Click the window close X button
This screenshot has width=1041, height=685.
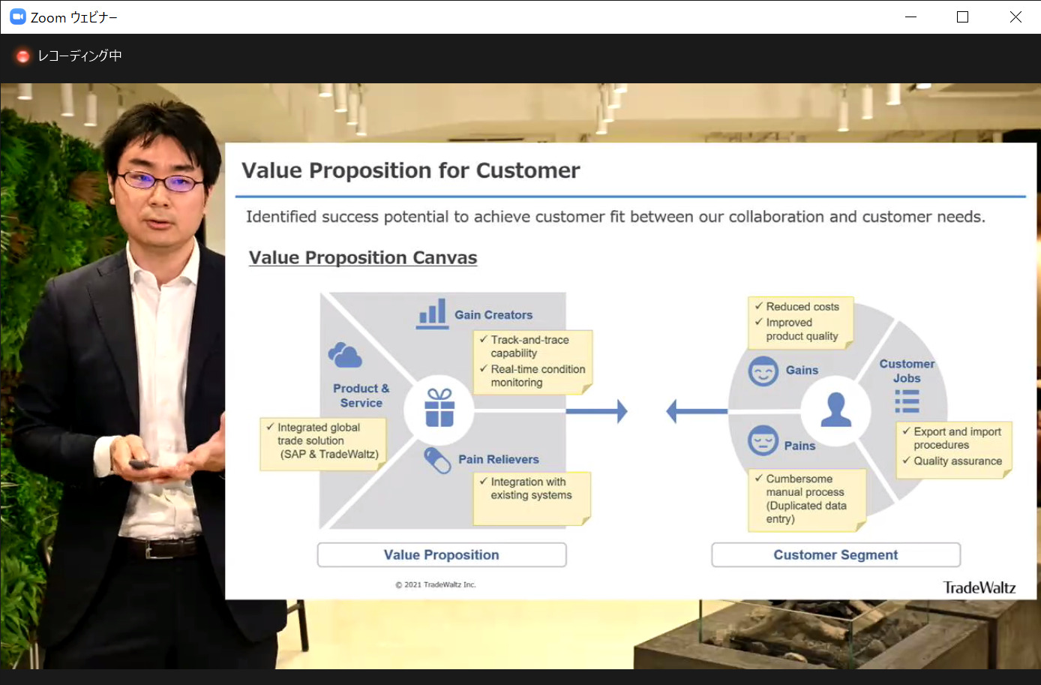[x=1015, y=17]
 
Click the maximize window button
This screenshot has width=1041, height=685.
[x=962, y=17]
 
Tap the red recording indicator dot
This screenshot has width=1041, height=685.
[x=22, y=56]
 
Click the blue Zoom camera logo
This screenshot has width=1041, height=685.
[x=18, y=17]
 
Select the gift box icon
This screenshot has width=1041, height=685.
[x=439, y=408]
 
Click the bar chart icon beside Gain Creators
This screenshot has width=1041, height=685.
[x=432, y=314]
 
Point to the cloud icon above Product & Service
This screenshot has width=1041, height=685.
[x=345, y=355]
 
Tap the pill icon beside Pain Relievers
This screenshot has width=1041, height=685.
[x=437, y=461]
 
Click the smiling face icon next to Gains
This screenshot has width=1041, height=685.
[x=763, y=371]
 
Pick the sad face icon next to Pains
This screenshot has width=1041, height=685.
[x=763, y=440]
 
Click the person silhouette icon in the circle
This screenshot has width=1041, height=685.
[x=835, y=410]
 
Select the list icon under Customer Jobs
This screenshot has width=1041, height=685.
[x=907, y=401]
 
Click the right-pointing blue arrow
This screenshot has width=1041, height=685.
[x=597, y=411]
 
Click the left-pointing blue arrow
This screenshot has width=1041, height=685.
[x=697, y=411]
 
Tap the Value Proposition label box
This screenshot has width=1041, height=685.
[x=442, y=554]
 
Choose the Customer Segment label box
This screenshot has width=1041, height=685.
[x=835, y=554]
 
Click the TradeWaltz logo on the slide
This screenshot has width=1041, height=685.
[x=979, y=587]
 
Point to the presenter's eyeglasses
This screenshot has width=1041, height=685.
[x=160, y=181]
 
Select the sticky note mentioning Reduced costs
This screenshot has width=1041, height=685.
[x=801, y=323]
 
